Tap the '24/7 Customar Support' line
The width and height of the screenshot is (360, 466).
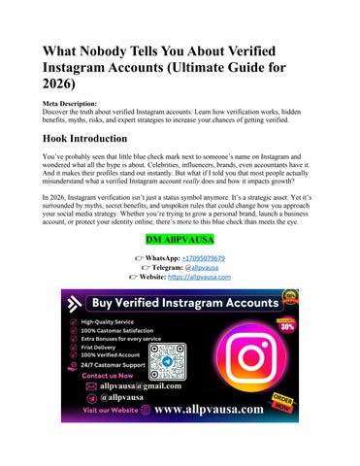point(113,384)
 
